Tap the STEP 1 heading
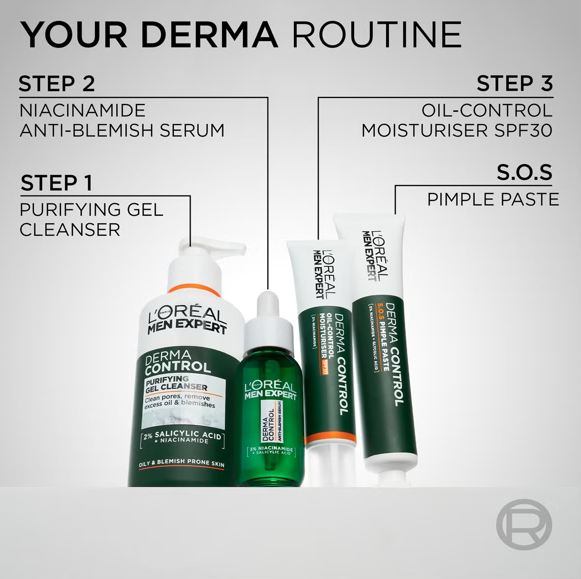click(56, 183)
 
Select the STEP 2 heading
click(56, 84)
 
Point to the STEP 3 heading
click(514, 84)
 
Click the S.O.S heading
click(524, 172)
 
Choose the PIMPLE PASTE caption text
click(493, 199)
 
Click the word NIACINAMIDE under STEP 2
click(82, 110)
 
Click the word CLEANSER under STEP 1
click(70, 230)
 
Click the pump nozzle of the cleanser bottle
click(225, 247)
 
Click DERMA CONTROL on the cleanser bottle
click(177, 361)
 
